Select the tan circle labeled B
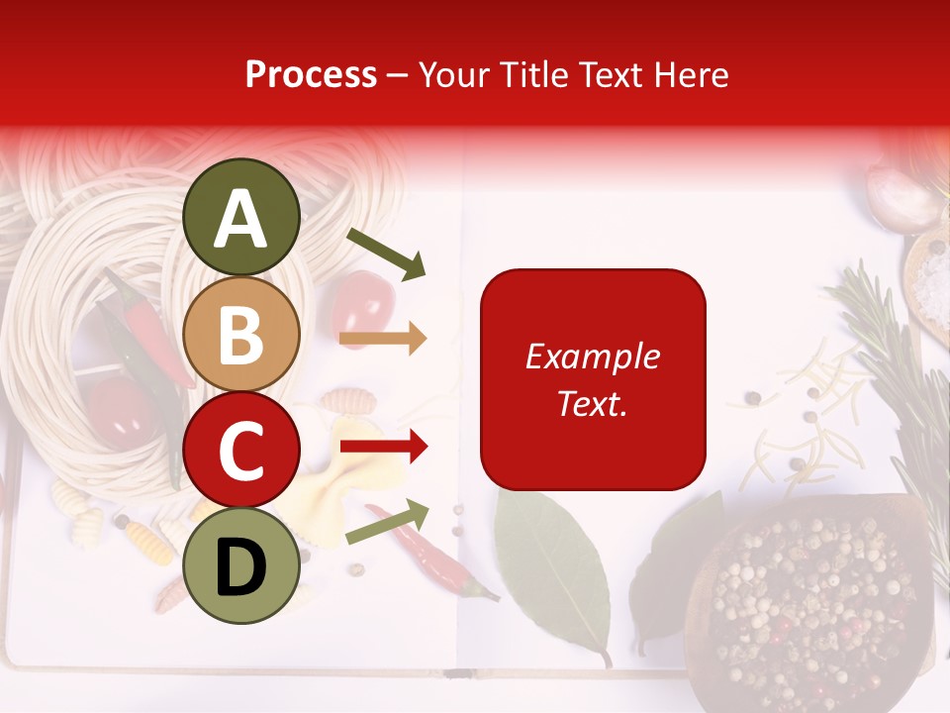[240, 334]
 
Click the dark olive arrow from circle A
[386, 253]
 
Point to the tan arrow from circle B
[383, 339]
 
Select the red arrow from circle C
[384, 447]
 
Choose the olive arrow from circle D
[387, 522]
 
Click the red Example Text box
[593, 379]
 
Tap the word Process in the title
[311, 74]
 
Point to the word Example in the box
[593, 356]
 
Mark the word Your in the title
[454, 74]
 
